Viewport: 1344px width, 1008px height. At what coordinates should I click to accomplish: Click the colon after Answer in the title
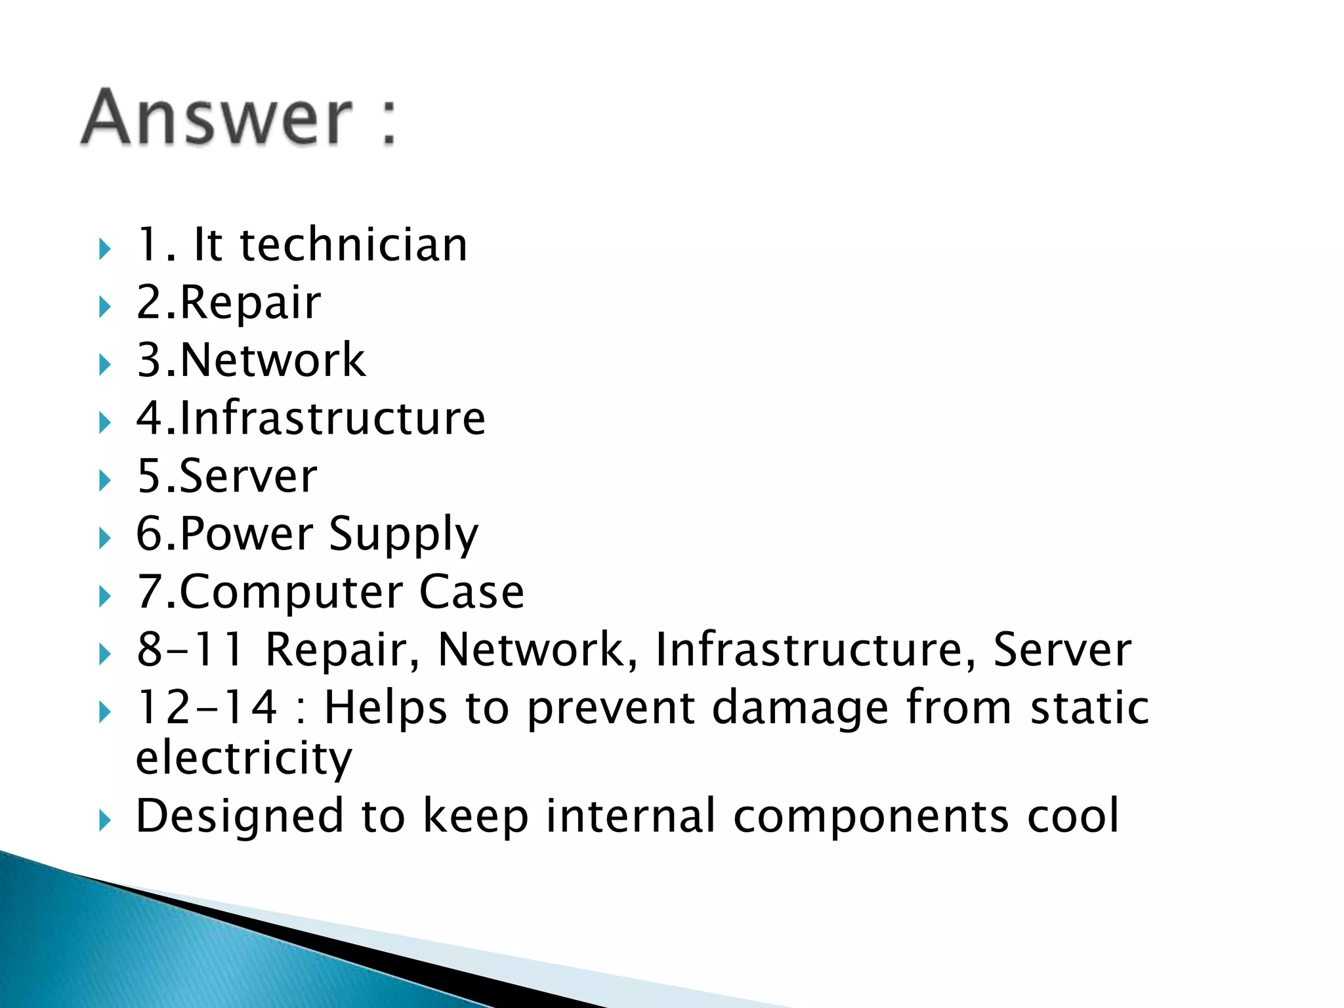(388, 120)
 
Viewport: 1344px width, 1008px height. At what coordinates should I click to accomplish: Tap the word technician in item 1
(354, 245)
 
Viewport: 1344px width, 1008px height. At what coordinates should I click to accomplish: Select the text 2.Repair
(228, 303)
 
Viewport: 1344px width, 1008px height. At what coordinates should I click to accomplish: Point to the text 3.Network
(251, 360)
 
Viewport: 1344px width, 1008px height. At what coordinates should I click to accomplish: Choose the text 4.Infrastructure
(310, 418)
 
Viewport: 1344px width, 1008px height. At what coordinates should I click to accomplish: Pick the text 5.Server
(226, 476)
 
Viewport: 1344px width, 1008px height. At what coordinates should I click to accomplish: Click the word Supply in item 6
(404, 535)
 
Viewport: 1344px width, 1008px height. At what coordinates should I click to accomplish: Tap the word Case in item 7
(471, 592)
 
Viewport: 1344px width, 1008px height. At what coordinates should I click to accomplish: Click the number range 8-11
(190, 650)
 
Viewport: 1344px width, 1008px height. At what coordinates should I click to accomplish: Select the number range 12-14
(206, 707)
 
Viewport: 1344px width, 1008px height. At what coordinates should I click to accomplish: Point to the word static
(1089, 707)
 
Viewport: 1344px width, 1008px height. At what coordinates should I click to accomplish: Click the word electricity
(243, 758)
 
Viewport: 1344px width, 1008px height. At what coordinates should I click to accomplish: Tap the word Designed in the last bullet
(240, 816)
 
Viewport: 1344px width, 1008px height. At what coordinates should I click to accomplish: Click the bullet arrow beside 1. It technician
(105, 249)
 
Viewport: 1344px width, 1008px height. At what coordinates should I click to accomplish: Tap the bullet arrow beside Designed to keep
(105, 820)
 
